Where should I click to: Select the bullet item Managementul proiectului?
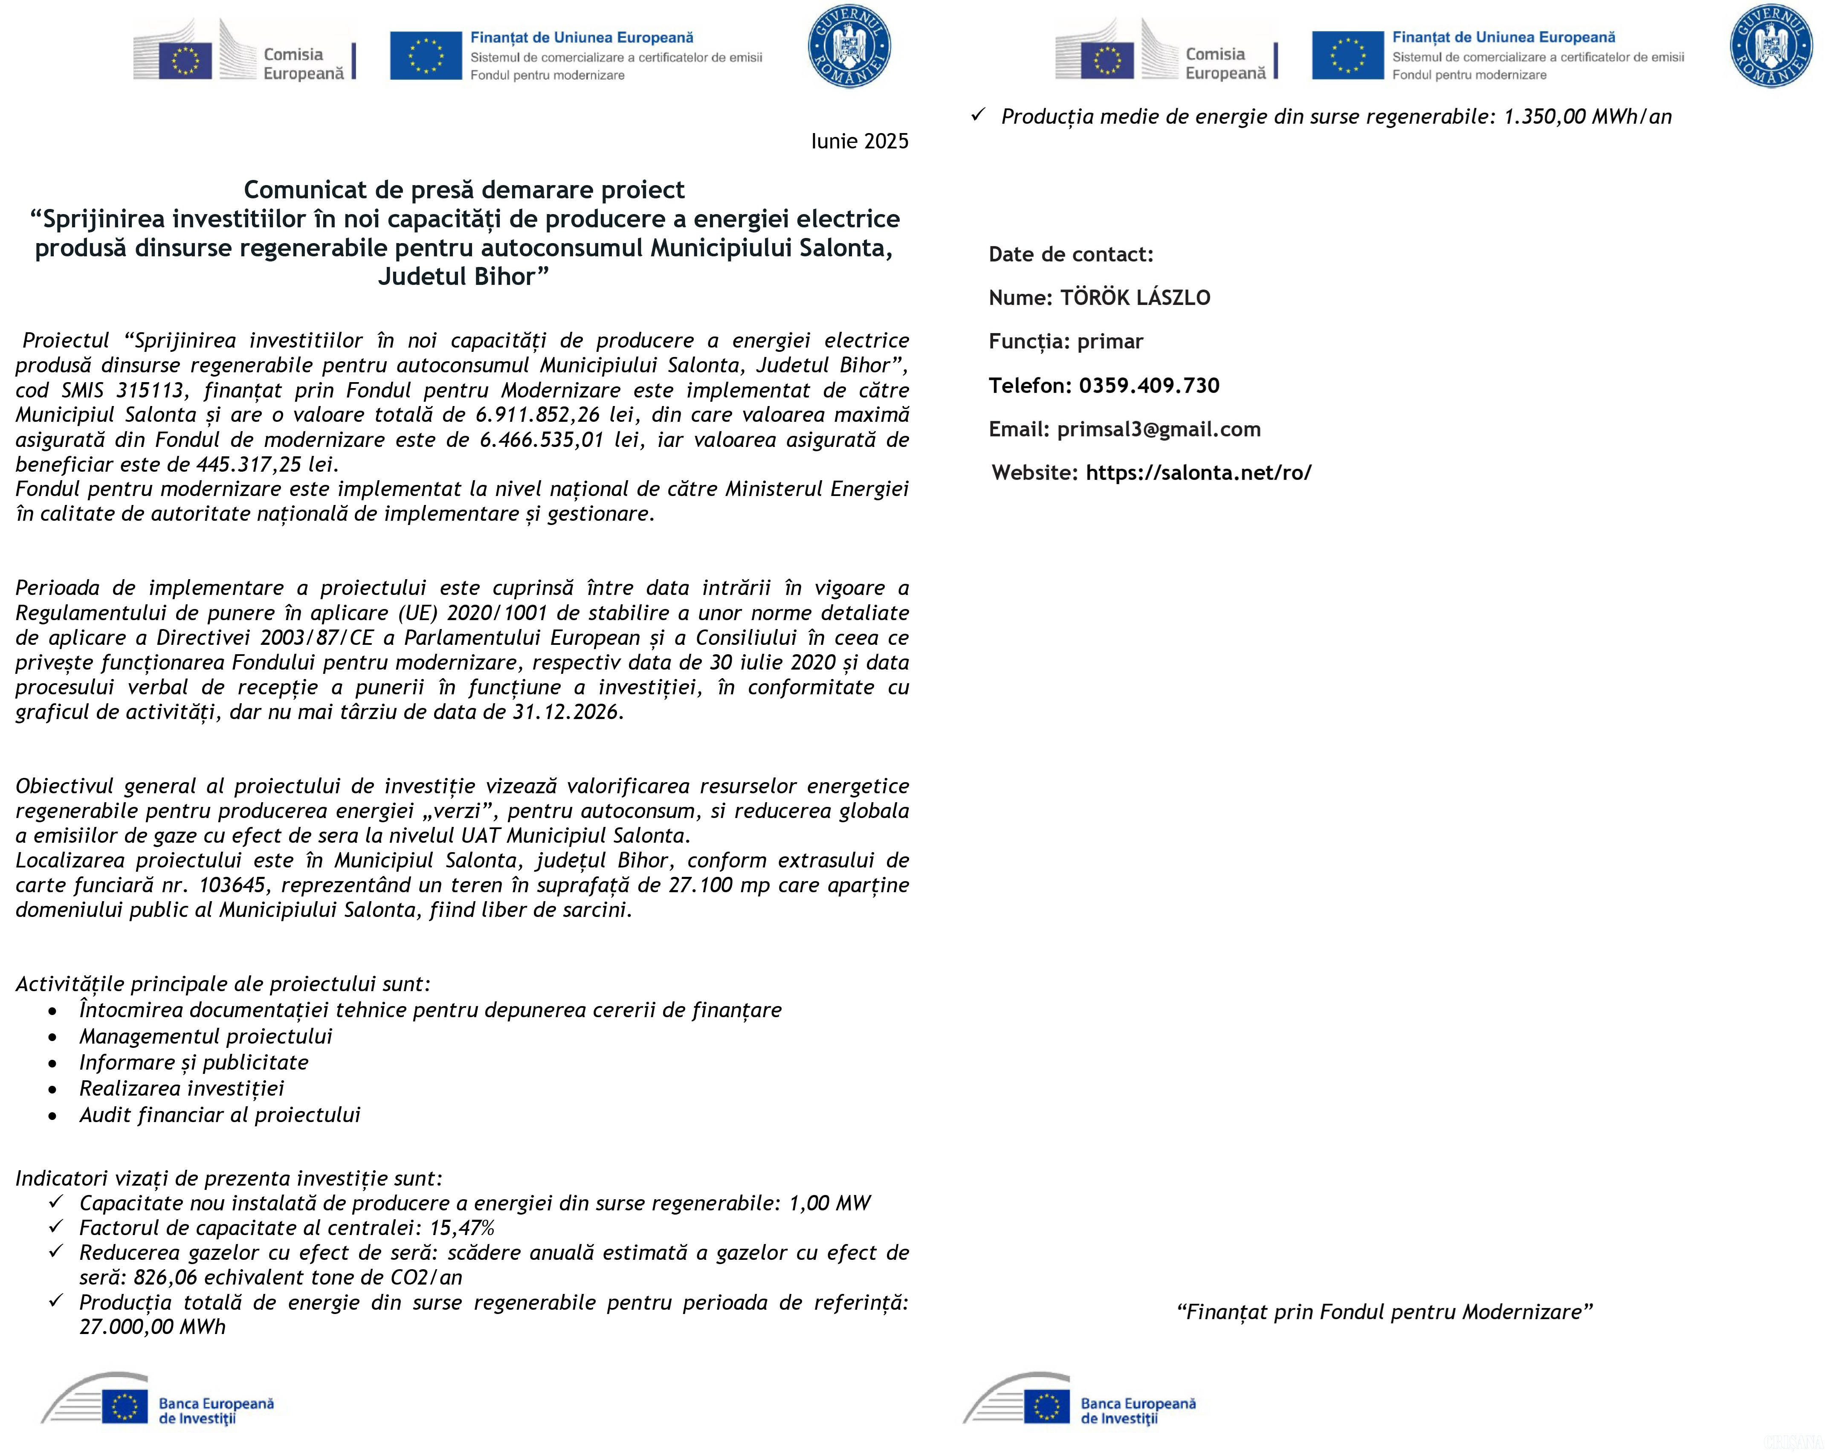(x=206, y=1036)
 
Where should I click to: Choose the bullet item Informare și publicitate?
(x=194, y=1063)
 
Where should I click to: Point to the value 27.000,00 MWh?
(x=153, y=1327)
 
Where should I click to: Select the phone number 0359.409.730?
(x=1149, y=386)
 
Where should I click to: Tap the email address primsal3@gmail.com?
(x=1159, y=429)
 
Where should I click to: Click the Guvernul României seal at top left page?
(x=849, y=47)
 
